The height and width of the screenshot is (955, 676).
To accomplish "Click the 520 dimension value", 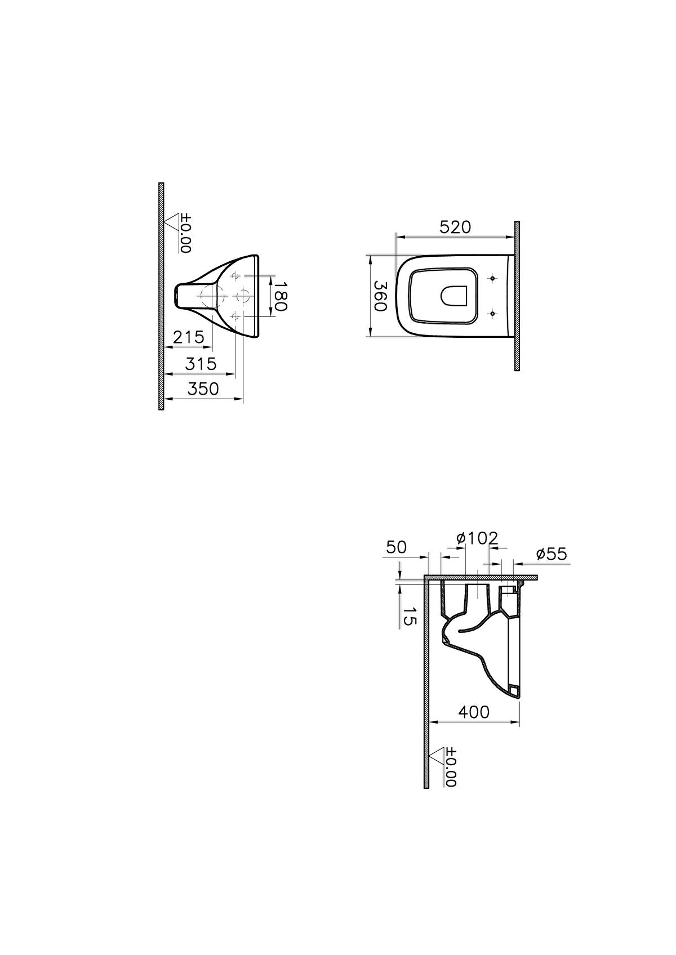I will pyautogui.click(x=455, y=227).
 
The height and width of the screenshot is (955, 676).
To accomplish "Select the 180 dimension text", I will pyautogui.click(x=280, y=297).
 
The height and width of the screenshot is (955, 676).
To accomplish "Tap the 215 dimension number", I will pyautogui.click(x=188, y=337).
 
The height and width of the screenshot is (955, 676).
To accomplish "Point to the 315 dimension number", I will pyautogui.click(x=201, y=364).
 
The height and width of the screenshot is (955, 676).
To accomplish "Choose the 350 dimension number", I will pyautogui.click(x=203, y=389).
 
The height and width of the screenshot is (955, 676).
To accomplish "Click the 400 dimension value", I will pyautogui.click(x=474, y=712).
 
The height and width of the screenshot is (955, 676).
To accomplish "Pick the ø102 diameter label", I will pyautogui.click(x=477, y=538).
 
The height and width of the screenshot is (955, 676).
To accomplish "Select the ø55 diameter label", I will pyautogui.click(x=551, y=554).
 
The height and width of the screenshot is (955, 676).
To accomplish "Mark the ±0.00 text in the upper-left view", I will pyautogui.click(x=186, y=233).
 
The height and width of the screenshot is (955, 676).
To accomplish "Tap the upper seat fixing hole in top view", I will pyautogui.click(x=493, y=278).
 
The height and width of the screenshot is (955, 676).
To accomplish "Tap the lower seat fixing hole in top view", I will pyautogui.click(x=493, y=313).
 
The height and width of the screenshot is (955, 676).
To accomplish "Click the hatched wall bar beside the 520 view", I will pyautogui.click(x=517, y=296).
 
